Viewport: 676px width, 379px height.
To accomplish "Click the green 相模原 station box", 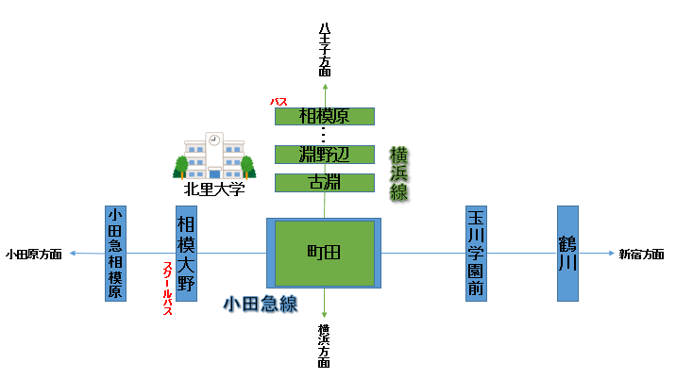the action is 325,116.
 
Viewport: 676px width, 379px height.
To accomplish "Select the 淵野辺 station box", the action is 325,155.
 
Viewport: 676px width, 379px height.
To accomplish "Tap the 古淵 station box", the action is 325,183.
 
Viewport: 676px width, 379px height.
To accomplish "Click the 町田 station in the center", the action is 324,254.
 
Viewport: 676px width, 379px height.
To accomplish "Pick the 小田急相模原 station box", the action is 115,254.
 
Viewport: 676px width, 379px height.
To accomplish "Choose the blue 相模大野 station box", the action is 186,254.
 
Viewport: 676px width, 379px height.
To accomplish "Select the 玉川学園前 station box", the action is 476,254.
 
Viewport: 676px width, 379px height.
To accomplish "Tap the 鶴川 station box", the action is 567,254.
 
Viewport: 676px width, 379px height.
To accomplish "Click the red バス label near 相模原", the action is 279,102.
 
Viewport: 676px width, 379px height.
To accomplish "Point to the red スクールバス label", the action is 168,288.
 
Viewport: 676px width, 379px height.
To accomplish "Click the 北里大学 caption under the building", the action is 214,189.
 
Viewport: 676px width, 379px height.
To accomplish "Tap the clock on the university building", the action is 214,140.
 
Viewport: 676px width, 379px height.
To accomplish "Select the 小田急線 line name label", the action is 261,305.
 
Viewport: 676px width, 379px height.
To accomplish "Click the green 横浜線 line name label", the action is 398,173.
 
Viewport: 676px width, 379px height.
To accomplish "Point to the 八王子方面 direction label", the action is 325,50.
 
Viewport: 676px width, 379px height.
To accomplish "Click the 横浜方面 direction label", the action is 324,346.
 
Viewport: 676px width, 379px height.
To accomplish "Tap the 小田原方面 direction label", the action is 34,255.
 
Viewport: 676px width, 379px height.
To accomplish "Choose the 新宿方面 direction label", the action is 641,255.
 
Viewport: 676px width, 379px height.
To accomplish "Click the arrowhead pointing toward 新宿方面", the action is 612,254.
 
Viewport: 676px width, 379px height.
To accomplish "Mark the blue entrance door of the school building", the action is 214,173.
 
